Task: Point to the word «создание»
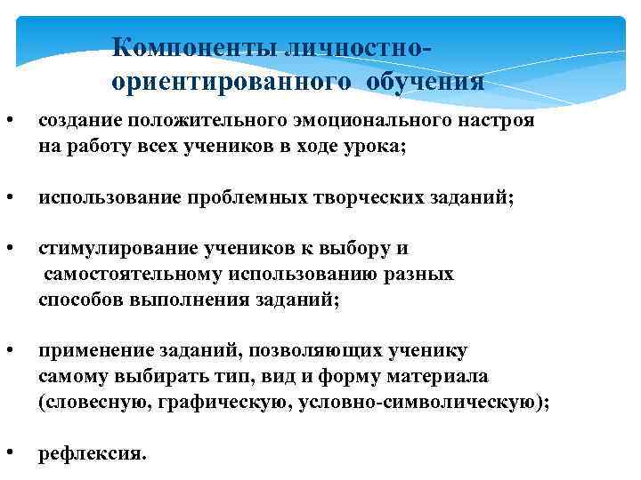78,121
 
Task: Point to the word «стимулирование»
108,249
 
